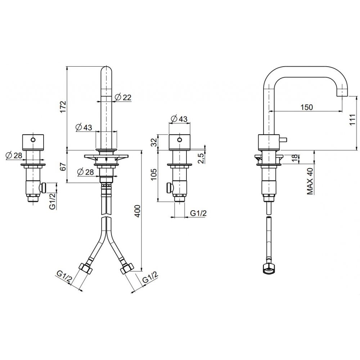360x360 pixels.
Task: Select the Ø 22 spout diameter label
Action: point(123,97)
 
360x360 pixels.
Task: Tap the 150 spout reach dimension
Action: point(307,107)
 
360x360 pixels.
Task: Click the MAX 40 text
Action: point(310,181)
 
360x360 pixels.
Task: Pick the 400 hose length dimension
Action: point(137,211)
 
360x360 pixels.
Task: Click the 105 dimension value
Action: point(154,175)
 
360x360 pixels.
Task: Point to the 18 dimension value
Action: point(295,158)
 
